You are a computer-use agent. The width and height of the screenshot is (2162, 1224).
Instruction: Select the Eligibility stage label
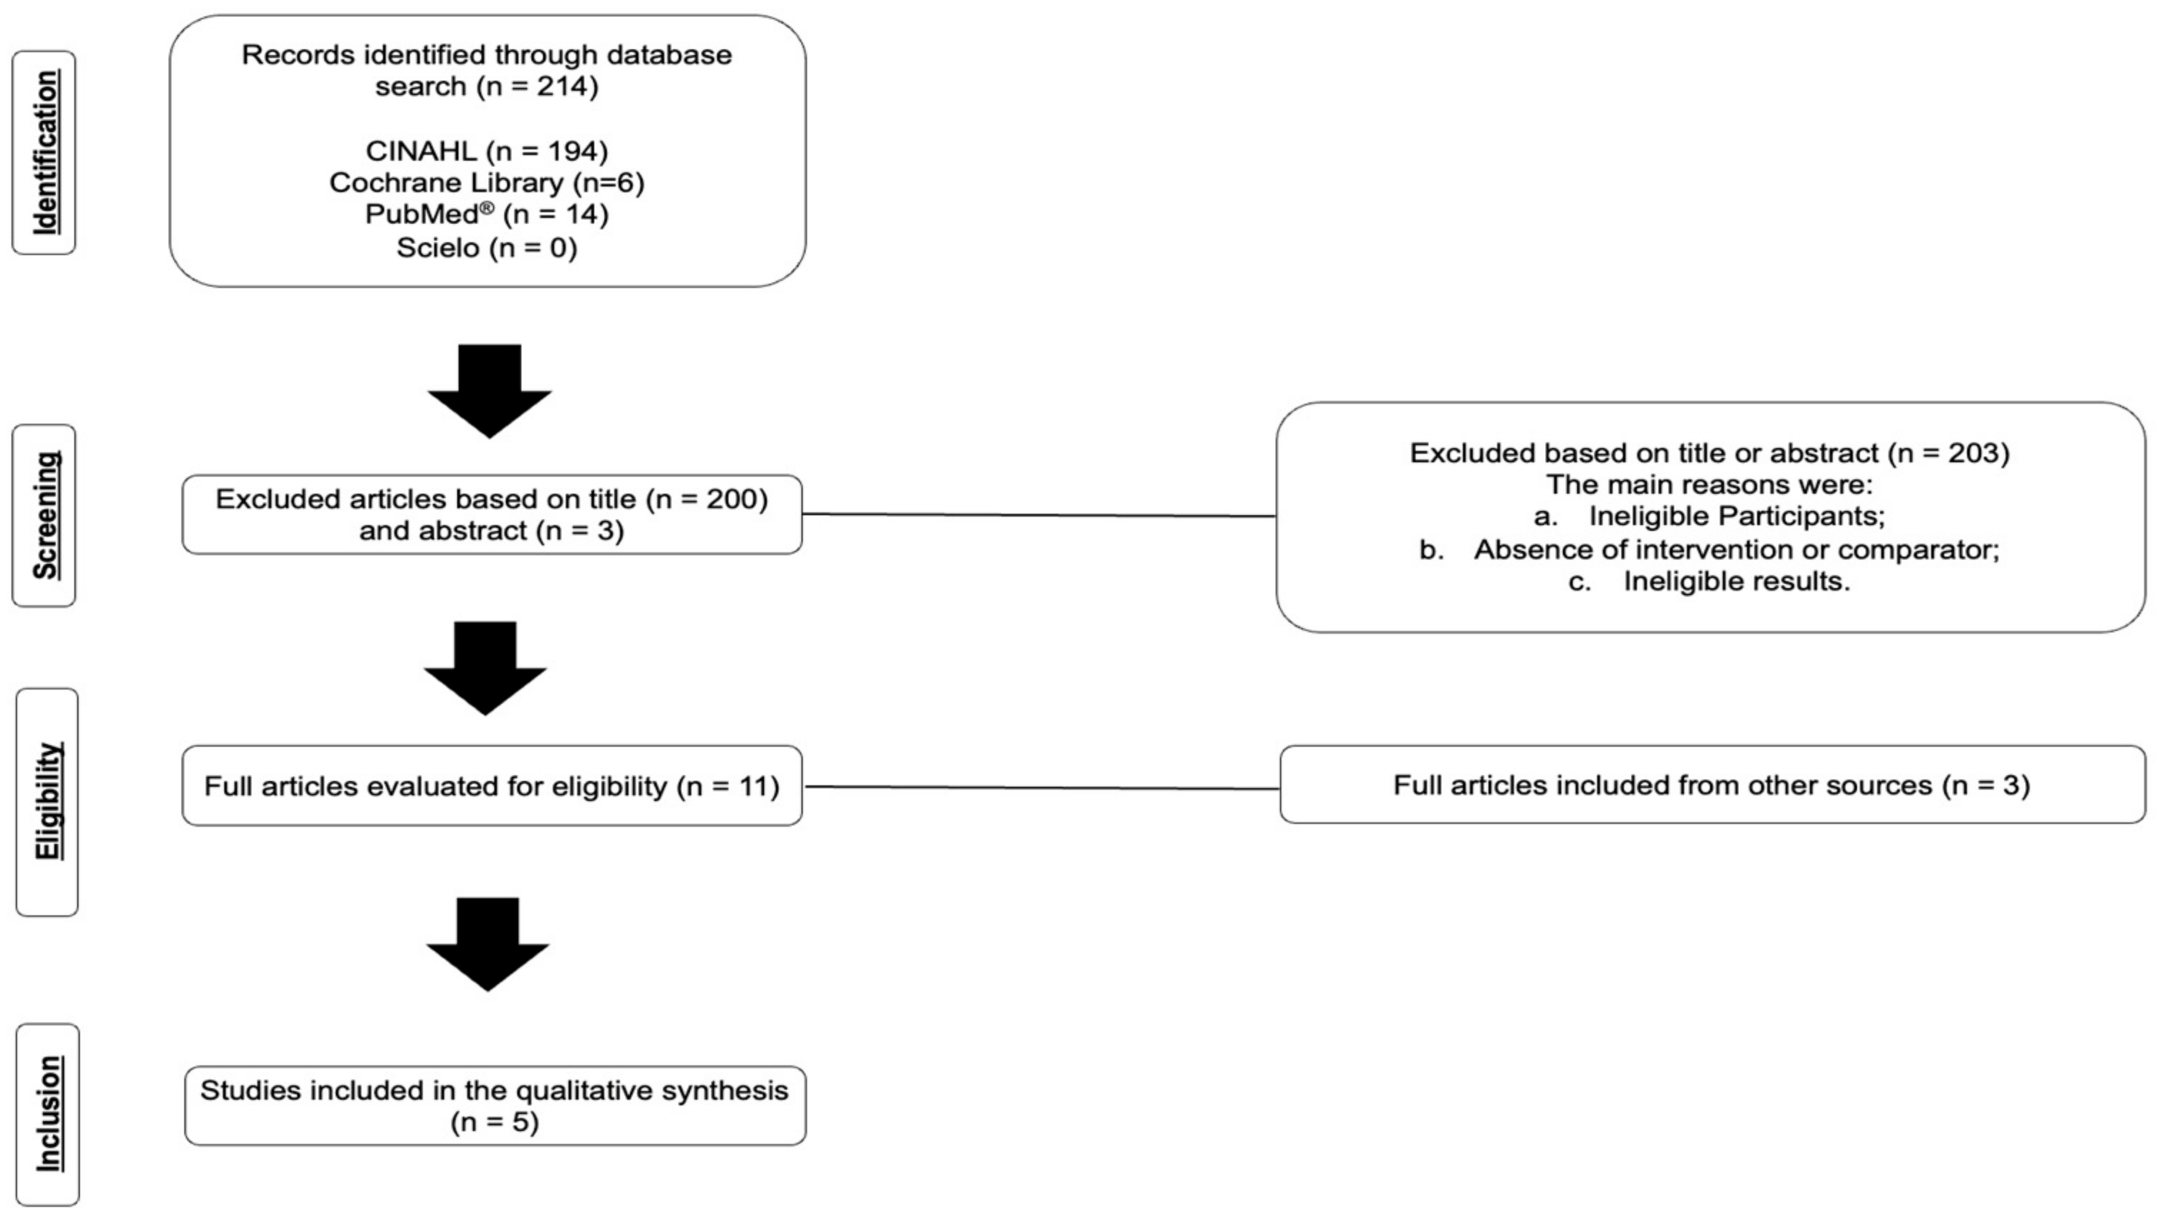point(48,801)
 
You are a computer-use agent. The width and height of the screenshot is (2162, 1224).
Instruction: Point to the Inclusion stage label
point(48,1114)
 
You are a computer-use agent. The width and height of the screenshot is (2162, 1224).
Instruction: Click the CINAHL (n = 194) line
point(486,151)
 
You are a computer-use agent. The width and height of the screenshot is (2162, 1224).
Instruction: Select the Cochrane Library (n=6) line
point(486,183)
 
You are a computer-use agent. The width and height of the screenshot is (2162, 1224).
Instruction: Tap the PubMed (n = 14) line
point(486,215)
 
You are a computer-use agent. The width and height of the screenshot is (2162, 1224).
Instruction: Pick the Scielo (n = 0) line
point(486,248)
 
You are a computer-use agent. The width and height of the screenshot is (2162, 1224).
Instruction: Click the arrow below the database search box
point(490,391)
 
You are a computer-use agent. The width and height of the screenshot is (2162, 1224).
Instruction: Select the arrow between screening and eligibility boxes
point(486,668)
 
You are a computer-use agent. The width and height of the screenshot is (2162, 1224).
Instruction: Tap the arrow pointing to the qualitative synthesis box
point(489,944)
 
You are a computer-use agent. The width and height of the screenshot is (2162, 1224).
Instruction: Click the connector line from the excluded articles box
point(1039,514)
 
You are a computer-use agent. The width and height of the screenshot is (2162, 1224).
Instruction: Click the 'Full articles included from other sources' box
point(1711,785)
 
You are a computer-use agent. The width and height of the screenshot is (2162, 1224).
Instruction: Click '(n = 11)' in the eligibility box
point(728,786)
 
